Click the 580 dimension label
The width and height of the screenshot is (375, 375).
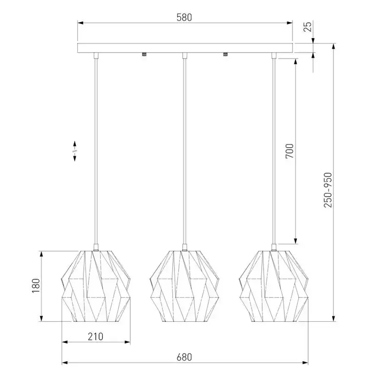click(x=184, y=18)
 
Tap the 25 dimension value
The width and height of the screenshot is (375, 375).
click(x=308, y=26)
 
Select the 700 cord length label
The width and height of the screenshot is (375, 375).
click(x=290, y=151)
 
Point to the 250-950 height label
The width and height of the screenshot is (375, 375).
click(x=328, y=190)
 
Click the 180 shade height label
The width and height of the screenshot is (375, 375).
click(x=36, y=286)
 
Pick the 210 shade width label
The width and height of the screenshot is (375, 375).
click(x=95, y=336)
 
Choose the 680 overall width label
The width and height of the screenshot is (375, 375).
click(x=184, y=357)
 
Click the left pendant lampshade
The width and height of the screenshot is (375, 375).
click(x=96, y=286)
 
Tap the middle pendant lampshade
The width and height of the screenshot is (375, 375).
click(x=185, y=286)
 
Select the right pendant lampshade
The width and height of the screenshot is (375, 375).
click(x=273, y=286)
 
